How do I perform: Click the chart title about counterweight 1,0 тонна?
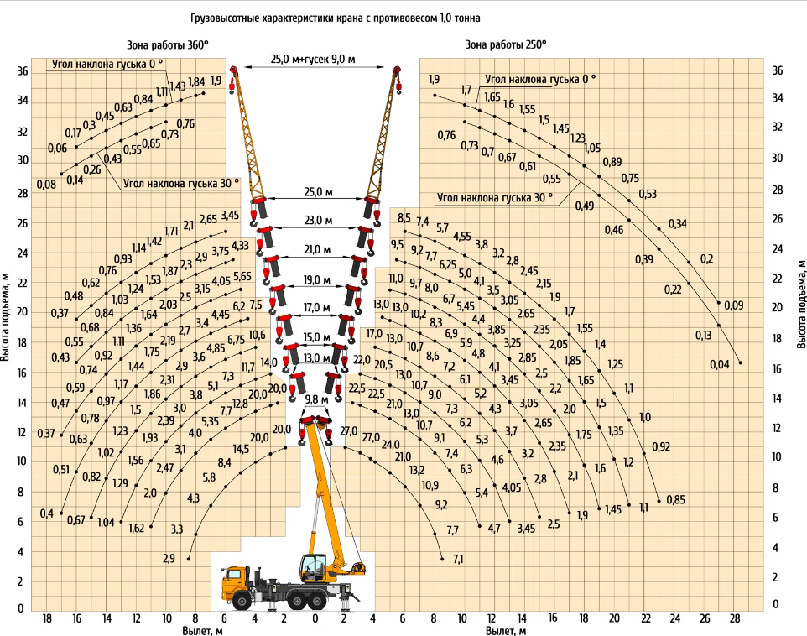tap(336, 18)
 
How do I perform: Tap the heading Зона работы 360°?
tap(168, 44)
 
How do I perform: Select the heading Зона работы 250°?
tap(505, 44)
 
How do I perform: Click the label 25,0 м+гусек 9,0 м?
tap(313, 60)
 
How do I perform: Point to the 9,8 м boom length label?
tap(316, 399)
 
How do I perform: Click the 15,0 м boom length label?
tap(316, 338)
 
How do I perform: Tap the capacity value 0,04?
tap(720, 365)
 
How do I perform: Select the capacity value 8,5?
tap(404, 218)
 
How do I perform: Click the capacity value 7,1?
tap(458, 559)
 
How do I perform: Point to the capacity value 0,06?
tap(58, 149)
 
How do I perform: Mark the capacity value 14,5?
tap(241, 449)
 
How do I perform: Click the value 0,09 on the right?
tap(734, 305)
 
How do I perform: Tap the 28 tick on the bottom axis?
tap(734, 618)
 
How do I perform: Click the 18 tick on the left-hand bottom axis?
tap(47, 618)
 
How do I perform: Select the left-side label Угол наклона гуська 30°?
tap(181, 184)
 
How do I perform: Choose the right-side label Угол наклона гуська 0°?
tap(540, 80)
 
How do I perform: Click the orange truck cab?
tap(235, 583)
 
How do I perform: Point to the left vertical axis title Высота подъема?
tap(6, 317)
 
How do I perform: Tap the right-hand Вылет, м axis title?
tap(506, 631)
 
